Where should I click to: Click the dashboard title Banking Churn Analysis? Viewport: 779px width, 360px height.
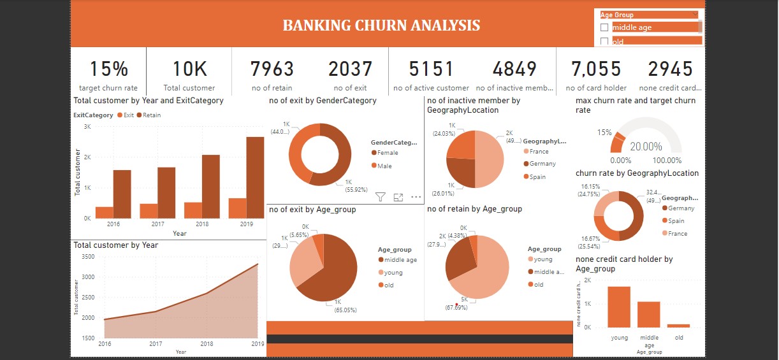pos(381,25)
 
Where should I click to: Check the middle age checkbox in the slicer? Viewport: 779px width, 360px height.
pos(604,27)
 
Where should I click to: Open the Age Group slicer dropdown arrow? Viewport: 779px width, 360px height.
pos(695,15)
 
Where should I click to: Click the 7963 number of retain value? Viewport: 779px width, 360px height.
pos(272,69)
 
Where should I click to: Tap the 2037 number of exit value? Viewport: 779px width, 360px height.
pos(350,69)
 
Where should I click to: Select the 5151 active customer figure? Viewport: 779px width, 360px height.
pos(431,69)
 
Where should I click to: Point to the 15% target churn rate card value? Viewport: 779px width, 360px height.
pos(108,69)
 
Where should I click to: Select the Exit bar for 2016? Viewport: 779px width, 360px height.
pos(105,212)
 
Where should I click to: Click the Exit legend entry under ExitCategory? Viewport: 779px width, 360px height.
pos(126,115)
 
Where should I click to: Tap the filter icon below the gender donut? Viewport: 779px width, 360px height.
pos(381,197)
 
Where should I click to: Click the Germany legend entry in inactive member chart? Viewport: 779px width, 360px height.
pos(542,164)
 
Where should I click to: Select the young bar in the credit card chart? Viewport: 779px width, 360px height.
pos(619,306)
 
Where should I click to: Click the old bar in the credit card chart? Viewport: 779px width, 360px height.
pos(679,325)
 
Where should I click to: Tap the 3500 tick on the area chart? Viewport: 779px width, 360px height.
pos(89,257)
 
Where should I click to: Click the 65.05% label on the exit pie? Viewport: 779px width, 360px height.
pos(346,310)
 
